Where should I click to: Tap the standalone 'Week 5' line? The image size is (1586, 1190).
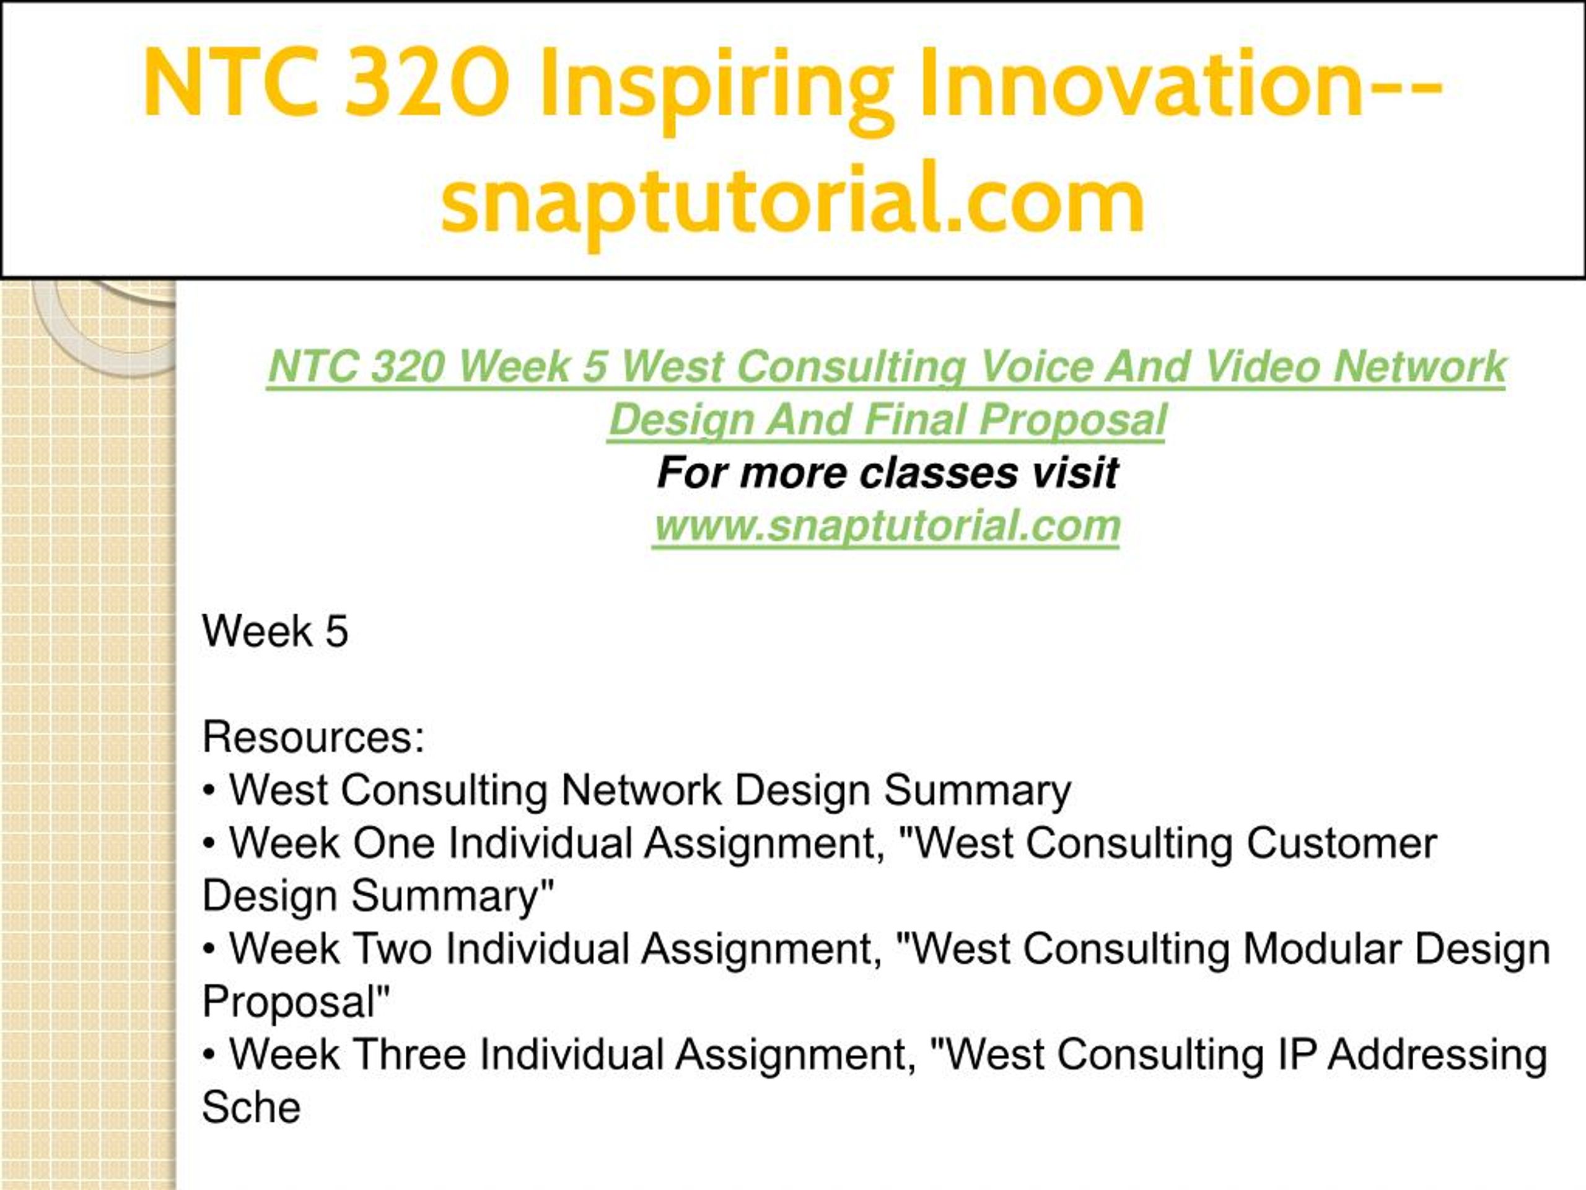tap(274, 631)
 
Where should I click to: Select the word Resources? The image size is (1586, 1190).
tap(313, 737)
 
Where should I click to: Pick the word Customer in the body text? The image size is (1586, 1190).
tap(1341, 843)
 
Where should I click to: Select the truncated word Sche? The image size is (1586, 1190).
tap(251, 1107)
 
